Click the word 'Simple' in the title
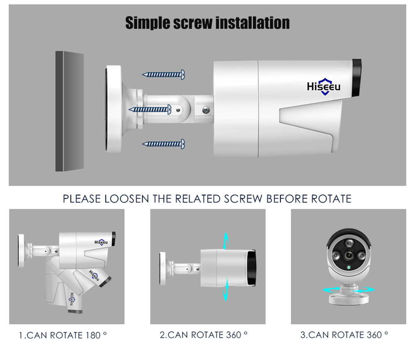coord(148,23)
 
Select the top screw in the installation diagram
coord(163,75)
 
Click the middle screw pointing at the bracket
coord(150,109)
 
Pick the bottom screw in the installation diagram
coord(163,144)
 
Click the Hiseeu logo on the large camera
coord(324,87)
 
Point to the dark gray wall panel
coord(70,111)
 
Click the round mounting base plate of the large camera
coord(114,109)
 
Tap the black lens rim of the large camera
coord(357,78)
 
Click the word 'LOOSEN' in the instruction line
coord(127,199)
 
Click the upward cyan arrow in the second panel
coord(225,241)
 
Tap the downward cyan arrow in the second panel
coord(225,289)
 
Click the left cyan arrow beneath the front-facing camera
coord(332,289)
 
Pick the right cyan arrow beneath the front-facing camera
coord(365,289)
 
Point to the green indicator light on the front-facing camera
coord(349,268)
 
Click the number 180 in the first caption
coord(93,336)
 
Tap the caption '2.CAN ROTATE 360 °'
coord(203,335)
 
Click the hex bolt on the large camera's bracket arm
coord(206,110)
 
